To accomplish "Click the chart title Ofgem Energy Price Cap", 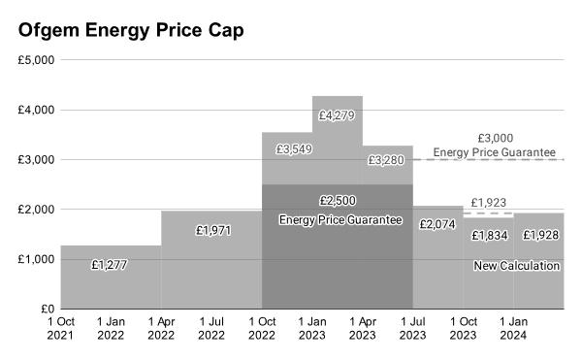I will coord(131,30).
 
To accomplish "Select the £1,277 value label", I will coord(111,264).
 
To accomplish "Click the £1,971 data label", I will coord(211,231).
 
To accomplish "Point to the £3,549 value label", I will coord(293,149).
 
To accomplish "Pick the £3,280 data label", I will coord(387,160).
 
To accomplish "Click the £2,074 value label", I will coord(437,224).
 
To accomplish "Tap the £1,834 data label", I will coord(489,236).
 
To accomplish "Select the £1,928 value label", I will coord(540,236).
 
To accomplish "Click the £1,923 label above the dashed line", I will coord(489,202).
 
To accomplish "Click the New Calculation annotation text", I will coord(516,266).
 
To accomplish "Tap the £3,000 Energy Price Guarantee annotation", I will coord(495,146).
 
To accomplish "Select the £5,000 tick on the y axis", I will coord(36,59).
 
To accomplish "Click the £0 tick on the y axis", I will coord(45,310).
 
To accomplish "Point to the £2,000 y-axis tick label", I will coord(36,210).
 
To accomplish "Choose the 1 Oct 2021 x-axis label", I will coord(60,329).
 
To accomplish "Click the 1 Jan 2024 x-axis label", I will coord(514,329).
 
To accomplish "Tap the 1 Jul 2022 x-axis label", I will coord(211,329).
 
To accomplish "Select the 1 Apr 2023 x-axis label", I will coord(363,329).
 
